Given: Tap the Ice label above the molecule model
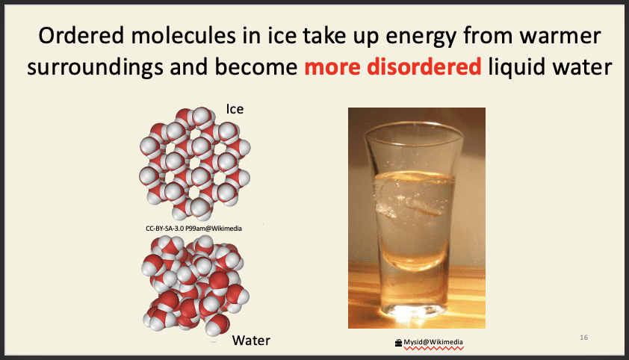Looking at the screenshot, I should point(235,109).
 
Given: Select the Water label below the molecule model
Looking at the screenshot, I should point(250,341).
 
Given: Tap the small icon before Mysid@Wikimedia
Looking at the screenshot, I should point(398,344).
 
